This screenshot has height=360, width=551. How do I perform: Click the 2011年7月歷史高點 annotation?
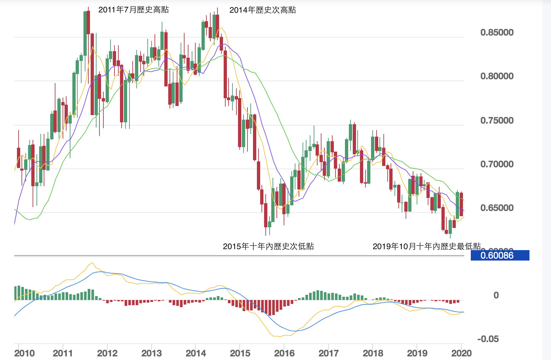133,10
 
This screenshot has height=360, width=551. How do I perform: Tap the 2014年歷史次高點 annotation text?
262,10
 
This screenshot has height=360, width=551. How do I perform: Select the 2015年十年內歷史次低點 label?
268,246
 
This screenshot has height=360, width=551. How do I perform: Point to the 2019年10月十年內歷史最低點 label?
426,246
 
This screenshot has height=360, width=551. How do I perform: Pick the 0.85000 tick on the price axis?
497,32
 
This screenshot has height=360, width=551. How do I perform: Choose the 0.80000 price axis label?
497,76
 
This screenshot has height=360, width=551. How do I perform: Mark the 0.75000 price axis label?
497,120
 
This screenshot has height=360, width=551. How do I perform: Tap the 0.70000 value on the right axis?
497,164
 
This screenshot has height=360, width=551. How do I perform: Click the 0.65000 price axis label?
497,208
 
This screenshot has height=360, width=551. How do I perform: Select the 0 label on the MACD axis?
496,295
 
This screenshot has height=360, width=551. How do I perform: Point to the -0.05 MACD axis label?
488,339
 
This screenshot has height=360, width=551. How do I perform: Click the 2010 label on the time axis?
24,353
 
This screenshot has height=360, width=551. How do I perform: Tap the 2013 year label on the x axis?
152,353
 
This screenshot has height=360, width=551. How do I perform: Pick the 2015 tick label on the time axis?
240,353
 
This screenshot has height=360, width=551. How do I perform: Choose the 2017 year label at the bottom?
329,353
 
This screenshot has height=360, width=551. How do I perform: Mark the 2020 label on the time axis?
461,353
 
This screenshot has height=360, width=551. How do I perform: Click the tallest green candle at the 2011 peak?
85,34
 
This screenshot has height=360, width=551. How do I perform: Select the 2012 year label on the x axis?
107,353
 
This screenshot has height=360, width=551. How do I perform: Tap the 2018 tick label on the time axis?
373,353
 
